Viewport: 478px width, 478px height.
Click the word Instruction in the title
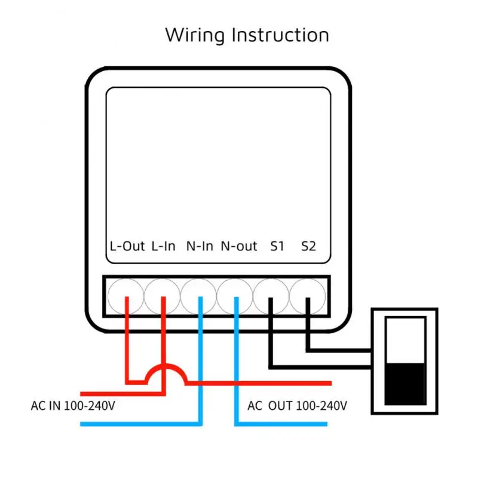click(280, 35)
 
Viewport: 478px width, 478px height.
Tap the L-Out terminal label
click(127, 246)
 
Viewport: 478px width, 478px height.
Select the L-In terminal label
click(164, 246)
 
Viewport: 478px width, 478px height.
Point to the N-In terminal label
click(200, 246)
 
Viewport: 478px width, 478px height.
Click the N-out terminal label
click(239, 246)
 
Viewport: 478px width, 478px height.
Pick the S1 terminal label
click(277, 246)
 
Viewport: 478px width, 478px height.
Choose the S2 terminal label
click(308, 246)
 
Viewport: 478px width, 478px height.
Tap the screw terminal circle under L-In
click(163, 295)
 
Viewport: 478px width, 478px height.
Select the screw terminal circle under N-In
click(200, 295)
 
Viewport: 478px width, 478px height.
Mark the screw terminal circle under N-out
click(235, 295)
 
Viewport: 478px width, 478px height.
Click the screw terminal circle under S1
click(272, 295)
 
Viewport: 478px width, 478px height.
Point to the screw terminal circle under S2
click(308, 295)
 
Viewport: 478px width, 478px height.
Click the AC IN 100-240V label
click(73, 406)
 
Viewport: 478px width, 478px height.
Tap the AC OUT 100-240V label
click(297, 406)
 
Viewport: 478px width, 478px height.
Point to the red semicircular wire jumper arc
click(166, 374)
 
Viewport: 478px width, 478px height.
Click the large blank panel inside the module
click(218, 161)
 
